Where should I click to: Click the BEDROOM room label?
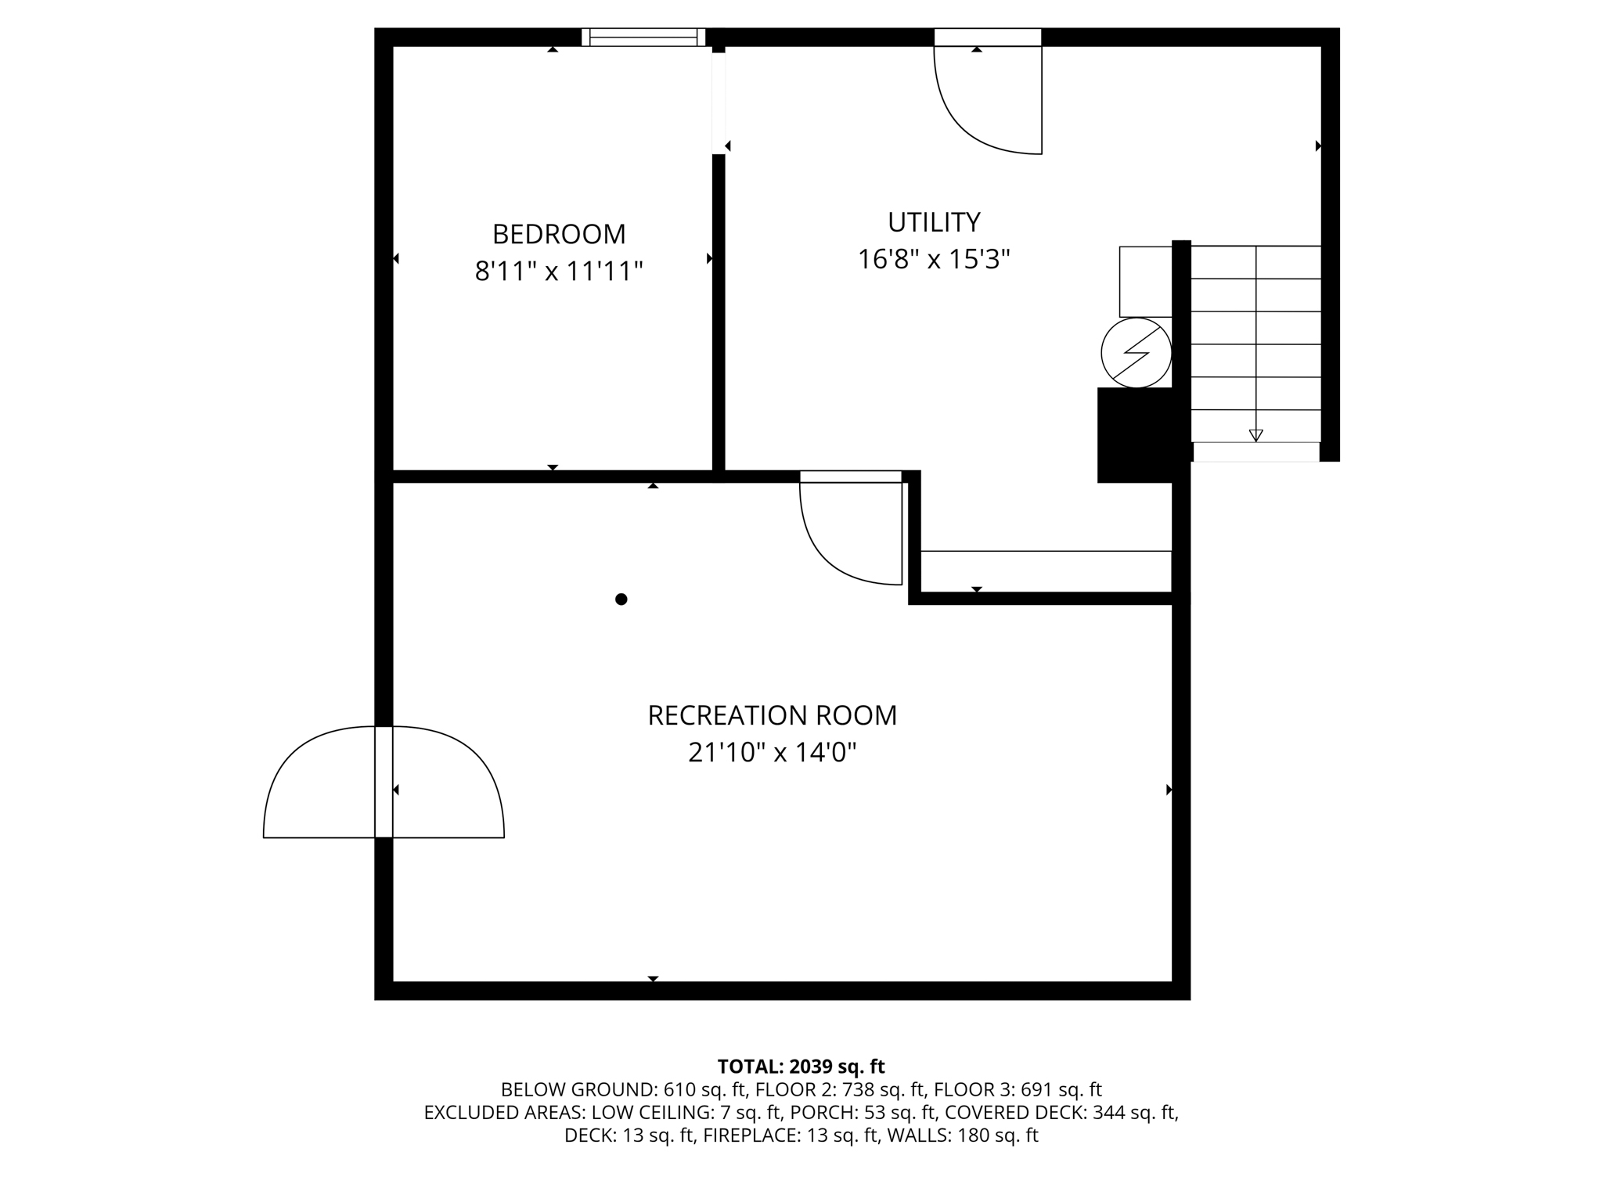(558, 234)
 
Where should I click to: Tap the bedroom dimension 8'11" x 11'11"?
(558, 272)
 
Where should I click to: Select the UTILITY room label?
(934, 222)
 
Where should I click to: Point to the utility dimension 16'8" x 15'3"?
(934, 259)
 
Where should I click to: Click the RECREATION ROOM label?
(772, 715)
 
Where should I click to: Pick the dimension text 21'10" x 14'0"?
(772, 753)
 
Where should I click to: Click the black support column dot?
(621, 599)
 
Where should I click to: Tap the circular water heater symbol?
(1136, 353)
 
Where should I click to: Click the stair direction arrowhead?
(1256, 436)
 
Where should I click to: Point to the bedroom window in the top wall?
(643, 37)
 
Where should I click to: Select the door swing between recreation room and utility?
(852, 532)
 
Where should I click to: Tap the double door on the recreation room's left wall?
(384, 783)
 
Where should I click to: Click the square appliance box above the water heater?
(1145, 282)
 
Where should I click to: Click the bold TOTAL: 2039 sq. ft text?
(801, 1067)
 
